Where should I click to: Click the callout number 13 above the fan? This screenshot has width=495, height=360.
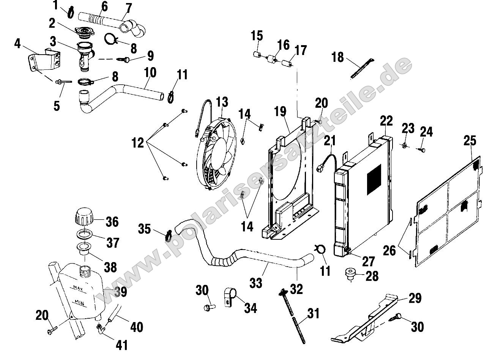pyautogui.click(x=222, y=102)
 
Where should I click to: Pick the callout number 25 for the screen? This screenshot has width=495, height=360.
pyautogui.click(x=470, y=141)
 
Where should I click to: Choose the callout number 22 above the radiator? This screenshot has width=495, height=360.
pyautogui.click(x=387, y=121)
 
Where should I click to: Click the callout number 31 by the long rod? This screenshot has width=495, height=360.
pyautogui.click(x=313, y=314)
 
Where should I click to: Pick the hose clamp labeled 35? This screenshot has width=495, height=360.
pyautogui.click(x=168, y=236)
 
